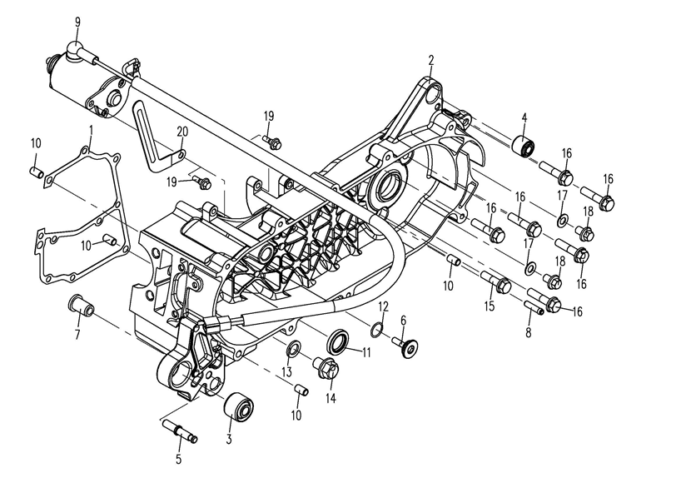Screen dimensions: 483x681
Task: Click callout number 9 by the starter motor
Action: [x=77, y=21]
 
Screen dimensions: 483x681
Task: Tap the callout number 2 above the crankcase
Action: [x=431, y=60]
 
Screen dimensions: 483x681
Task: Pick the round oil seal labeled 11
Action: [x=339, y=342]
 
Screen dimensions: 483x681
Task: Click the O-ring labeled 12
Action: [x=377, y=330]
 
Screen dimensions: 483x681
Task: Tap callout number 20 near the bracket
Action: [x=182, y=131]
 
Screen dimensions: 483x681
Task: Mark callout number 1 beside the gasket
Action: [x=91, y=128]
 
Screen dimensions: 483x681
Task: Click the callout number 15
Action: [x=490, y=306]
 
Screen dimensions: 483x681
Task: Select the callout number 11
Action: [x=365, y=351]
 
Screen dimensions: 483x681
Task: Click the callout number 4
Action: [x=524, y=117]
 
